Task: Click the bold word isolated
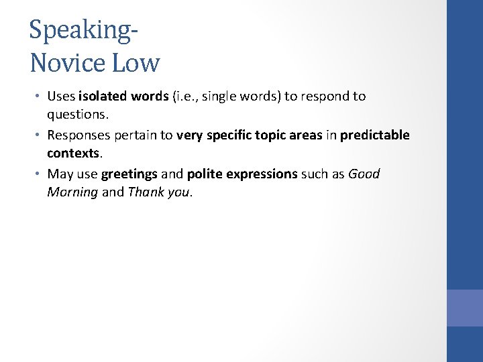pyautogui.click(x=103, y=96)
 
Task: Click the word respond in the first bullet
pyautogui.click(x=325, y=96)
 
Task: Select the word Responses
pyautogui.click(x=78, y=135)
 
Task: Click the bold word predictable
pyautogui.click(x=374, y=135)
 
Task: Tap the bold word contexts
pyautogui.click(x=72, y=154)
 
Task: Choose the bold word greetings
pyautogui.click(x=129, y=174)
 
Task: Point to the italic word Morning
pyautogui.click(x=72, y=192)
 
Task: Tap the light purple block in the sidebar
pyautogui.click(x=464, y=308)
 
